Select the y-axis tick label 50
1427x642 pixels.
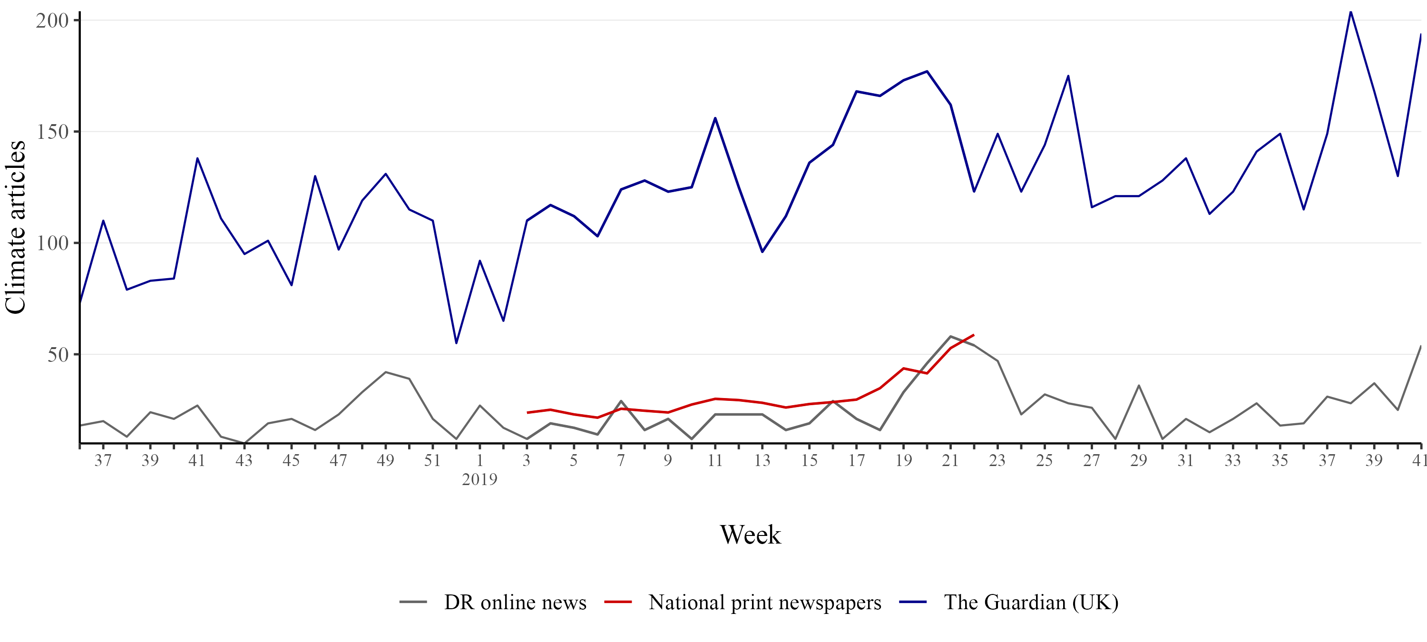click(x=58, y=355)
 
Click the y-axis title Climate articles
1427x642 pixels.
click(x=16, y=227)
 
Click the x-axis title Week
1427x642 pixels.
click(x=750, y=535)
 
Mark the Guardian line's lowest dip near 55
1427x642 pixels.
click(x=456, y=343)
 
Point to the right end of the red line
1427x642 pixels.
click(x=973, y=335)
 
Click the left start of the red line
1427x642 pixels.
click(x=528, y=413)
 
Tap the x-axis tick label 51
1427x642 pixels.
click(x=432, y=461)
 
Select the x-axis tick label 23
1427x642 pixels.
click(x=997, y=461)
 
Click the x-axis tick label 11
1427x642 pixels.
click(x=714, y=461)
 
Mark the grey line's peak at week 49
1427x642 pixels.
click(x=386, y=372)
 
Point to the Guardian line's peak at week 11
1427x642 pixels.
click(x=715, y=118)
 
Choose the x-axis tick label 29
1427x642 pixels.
click(x=1138, y=461)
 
